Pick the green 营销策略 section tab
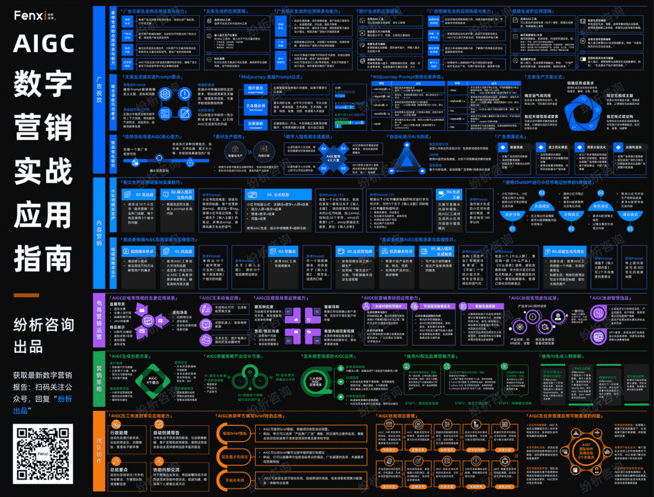[100, 379]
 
